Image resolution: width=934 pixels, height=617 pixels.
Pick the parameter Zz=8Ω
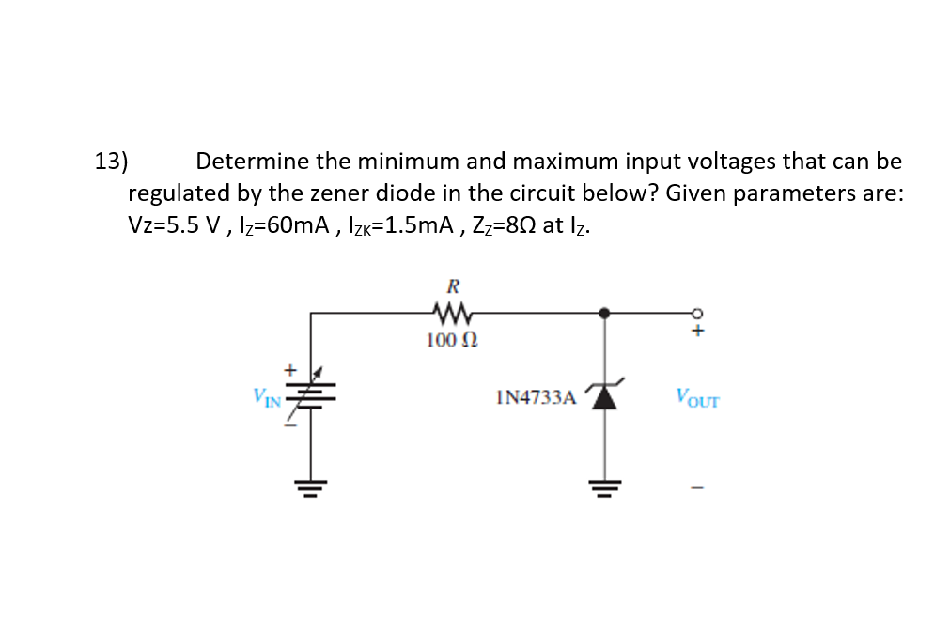click(x=490, y=226)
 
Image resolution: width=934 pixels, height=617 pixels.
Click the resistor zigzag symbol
click(x=453, y=310)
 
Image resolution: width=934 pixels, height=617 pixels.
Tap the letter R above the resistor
click(x=453, y=285)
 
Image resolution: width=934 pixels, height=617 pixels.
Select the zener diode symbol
click(x=604, y=397)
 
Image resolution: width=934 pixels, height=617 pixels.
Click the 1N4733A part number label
click(x=534, y=398)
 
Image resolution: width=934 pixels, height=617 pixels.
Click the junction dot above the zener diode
click(x=604, y=312)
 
